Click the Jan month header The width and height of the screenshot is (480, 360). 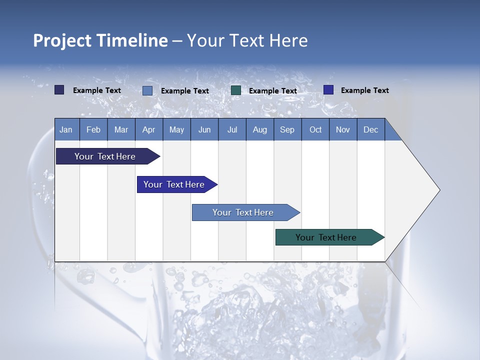pyautogui.click(x=66, y=129)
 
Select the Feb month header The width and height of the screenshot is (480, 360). pyautogui.click(x=93, y=129)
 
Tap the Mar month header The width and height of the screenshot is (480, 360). pyautogui.click(x=121, y=129)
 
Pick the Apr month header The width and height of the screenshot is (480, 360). pyautogui.click(x=148, y=129)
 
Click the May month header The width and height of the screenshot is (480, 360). pyautogui.click(x=176, y=129)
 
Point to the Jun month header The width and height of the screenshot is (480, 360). pyautogui.click(x=204, y=129)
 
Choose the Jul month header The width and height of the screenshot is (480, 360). pyautogui.click(x=232, y=129)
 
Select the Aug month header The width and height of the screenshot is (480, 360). pyautogui.click(x=259, y=129)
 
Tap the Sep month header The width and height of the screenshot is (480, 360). pyautogui.click(x=287, y=129)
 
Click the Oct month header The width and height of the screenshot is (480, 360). pyautogui.click(x=315, y=129)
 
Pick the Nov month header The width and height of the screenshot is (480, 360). pyautogui.click(x=343, y=129)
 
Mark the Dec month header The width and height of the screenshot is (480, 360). pyautogui.click(x=370, y=129)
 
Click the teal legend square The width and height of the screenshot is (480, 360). pyautogui.click(x=236, y=90)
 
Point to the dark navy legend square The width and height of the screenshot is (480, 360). pyautogui.click(x=59, y=90)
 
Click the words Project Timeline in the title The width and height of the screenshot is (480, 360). pyautogui.click(x=100, y=40)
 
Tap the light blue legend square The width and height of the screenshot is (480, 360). pyautogui.click(x=147, y=90)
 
